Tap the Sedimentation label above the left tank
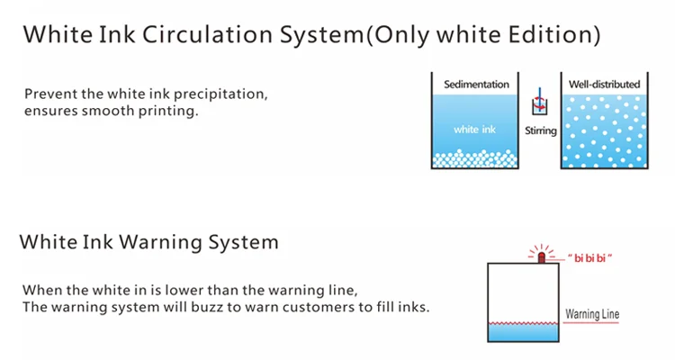click(476, 85)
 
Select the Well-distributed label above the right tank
click(605, 85)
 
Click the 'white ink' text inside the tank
click(474, 130)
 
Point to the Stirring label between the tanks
click(541, 130)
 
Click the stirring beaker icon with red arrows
click(540, 102)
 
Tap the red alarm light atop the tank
click(542, 256)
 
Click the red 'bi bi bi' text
click(589, 258)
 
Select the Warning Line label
click(592, 314)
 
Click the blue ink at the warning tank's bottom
click(523, 332)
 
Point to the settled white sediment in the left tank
click(474, 159)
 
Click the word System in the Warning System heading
click(243, 243)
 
